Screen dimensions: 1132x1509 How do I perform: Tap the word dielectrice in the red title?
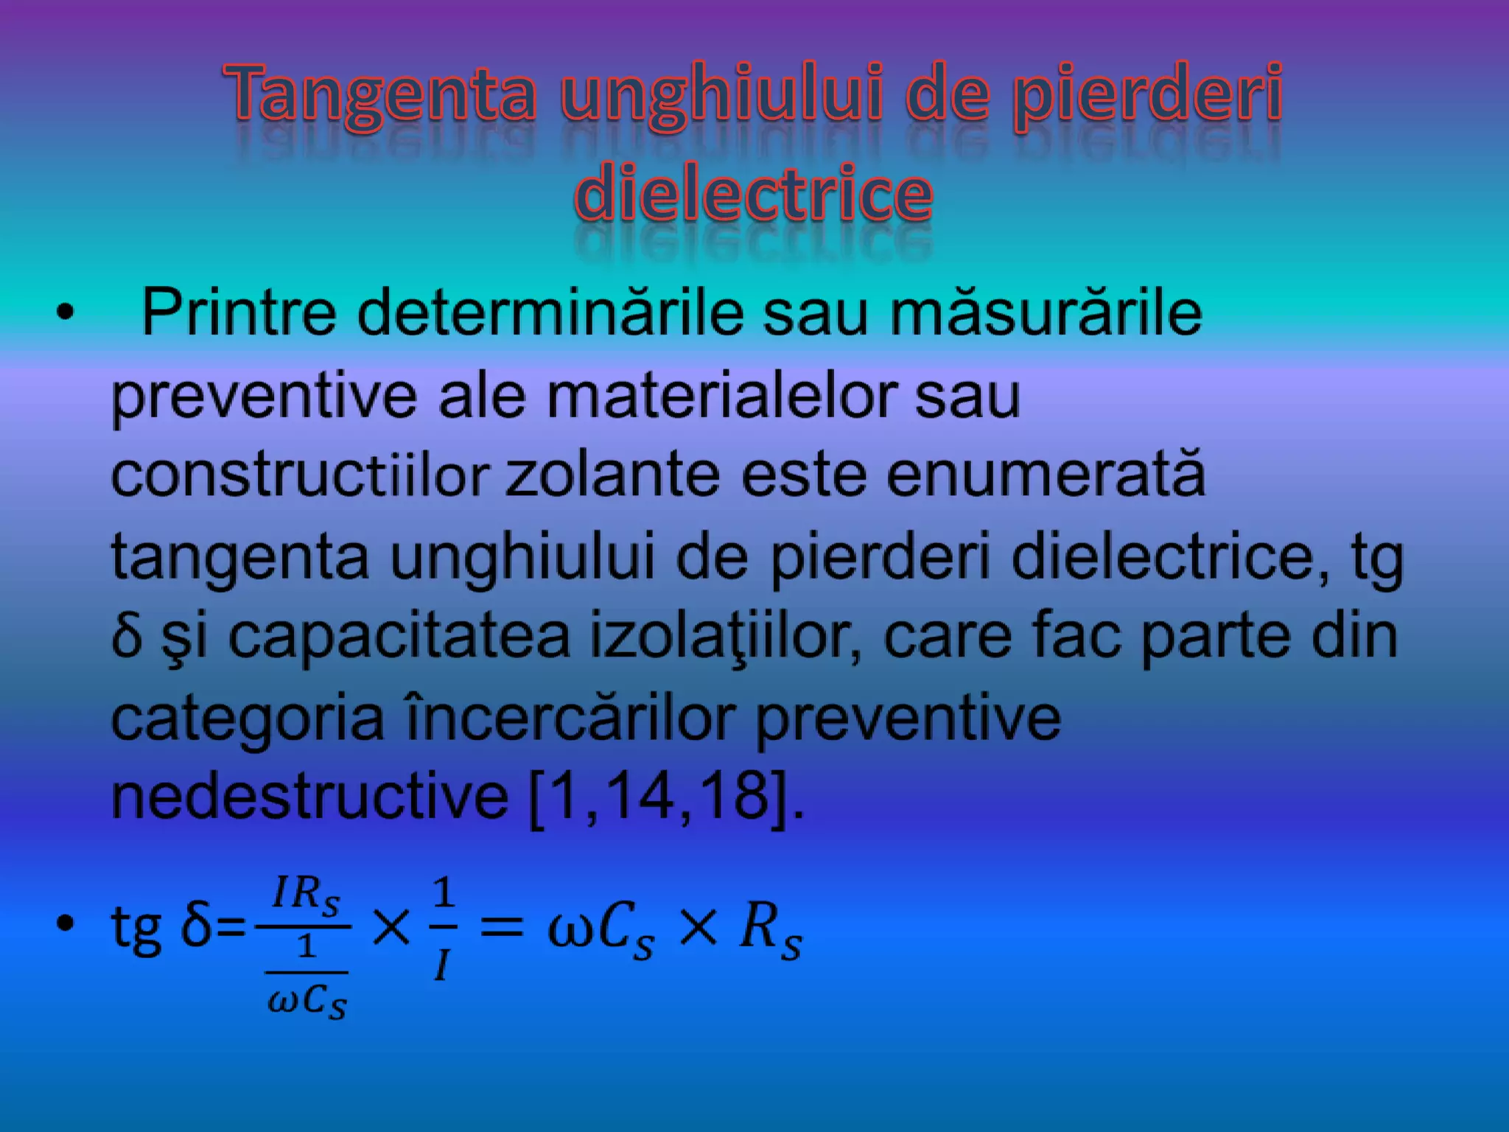pyautogui.click(x=753, y=194)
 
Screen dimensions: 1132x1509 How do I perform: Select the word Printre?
pyautogui.click(x=239, y=313)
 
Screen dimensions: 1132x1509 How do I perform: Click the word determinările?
pyautogui.click(x=550, y=313)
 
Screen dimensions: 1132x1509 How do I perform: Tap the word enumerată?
pyautogui.click(x=1046, y=475)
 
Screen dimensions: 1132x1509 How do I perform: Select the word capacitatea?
pyautogui.click(x=399, y=636)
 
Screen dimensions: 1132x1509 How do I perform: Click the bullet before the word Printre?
pyautogui.click(x=66, y=313)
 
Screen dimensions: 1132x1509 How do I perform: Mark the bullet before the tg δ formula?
pyautogui.click(x=66, y=923)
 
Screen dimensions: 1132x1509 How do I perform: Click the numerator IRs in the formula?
pyautogui.click(x=305, y=895)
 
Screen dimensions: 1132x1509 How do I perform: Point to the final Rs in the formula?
pyautogui.click(x=771, y=929)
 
